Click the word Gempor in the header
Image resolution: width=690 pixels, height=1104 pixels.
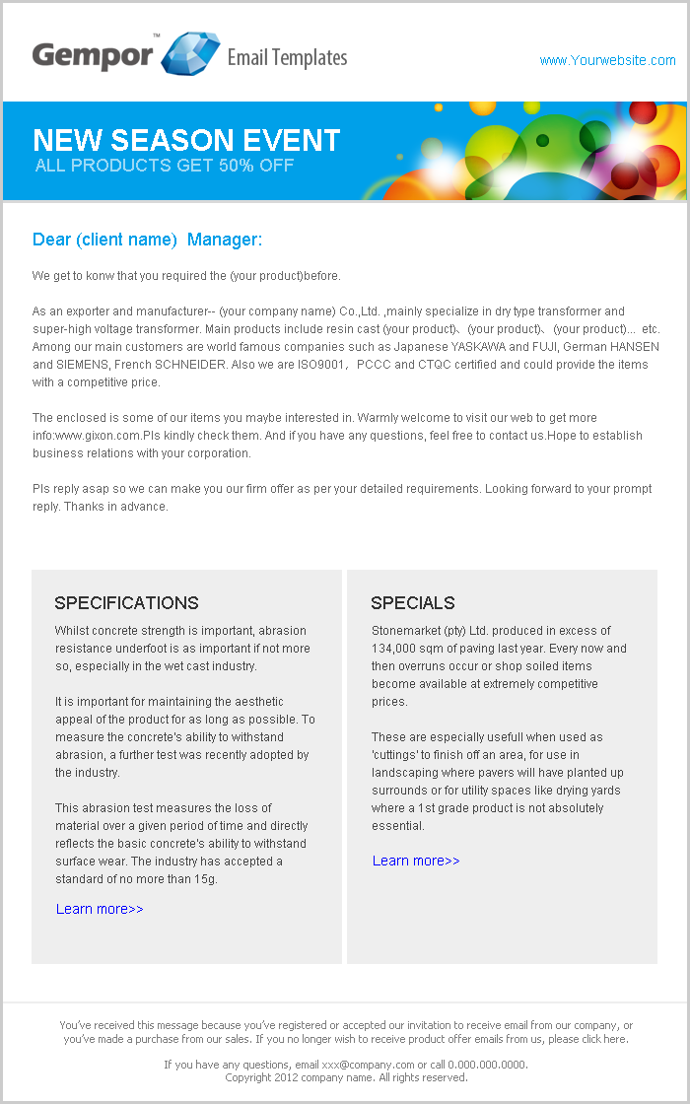click(93, 55)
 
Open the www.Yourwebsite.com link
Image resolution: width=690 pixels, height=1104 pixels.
click(607, 60)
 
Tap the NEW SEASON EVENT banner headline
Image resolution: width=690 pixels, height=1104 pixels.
click(186, 140)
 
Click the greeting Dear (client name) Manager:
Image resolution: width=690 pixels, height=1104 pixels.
click(148, 240)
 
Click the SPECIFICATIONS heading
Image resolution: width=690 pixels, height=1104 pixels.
click(126, 603)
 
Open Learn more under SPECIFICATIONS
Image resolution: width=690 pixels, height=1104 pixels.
click(100, 909)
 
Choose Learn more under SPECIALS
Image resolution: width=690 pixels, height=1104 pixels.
click(416, 861)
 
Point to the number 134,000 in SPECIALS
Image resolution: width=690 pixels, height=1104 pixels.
click(398, 649)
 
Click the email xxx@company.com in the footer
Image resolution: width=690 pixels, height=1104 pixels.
click(368, 1065)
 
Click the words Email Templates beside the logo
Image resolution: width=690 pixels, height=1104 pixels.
click(287, 57)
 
